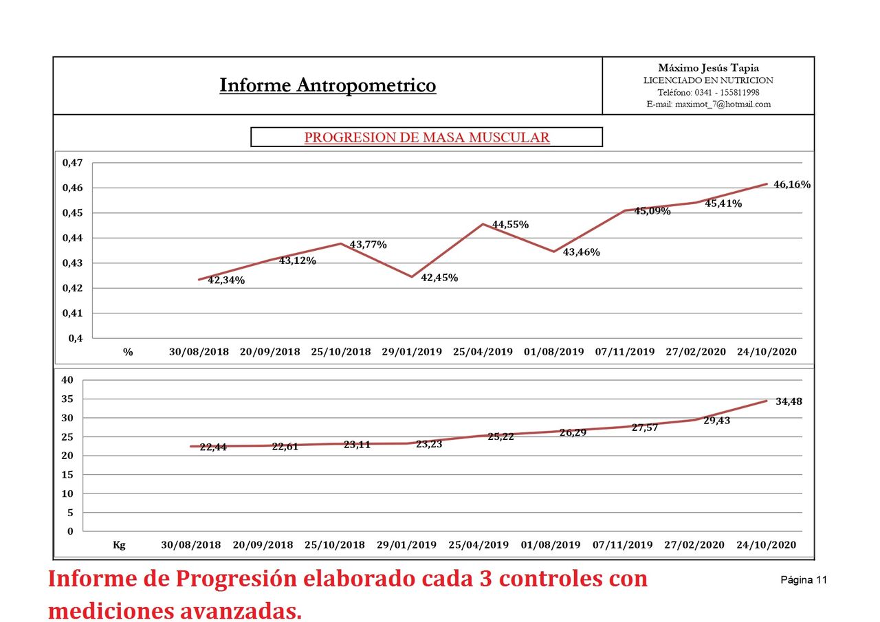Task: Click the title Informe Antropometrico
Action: coord(327,85)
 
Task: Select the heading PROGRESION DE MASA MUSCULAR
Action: coord(426,137)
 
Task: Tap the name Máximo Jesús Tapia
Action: coord(708,67)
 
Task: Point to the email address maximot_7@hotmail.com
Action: coord(708,104)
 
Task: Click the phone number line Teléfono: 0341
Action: coord(708,92)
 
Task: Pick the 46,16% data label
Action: coord(792,184)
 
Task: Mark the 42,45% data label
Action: coord(439,278)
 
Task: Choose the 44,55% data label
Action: coord(510,225)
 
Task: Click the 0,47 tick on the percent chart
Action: coord(72,163)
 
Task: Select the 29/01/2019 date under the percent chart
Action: coord(410,352)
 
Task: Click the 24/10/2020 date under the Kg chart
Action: coord(766,545)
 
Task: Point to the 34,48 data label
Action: coord(789,401)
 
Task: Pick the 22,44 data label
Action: coord(213,447)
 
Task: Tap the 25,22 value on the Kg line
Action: coord(500,436)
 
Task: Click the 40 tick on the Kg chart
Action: coord(67,380)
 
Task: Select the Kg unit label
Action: coord(119,545)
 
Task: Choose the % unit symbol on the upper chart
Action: coord(128,352)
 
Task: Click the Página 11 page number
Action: coord(804,580)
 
